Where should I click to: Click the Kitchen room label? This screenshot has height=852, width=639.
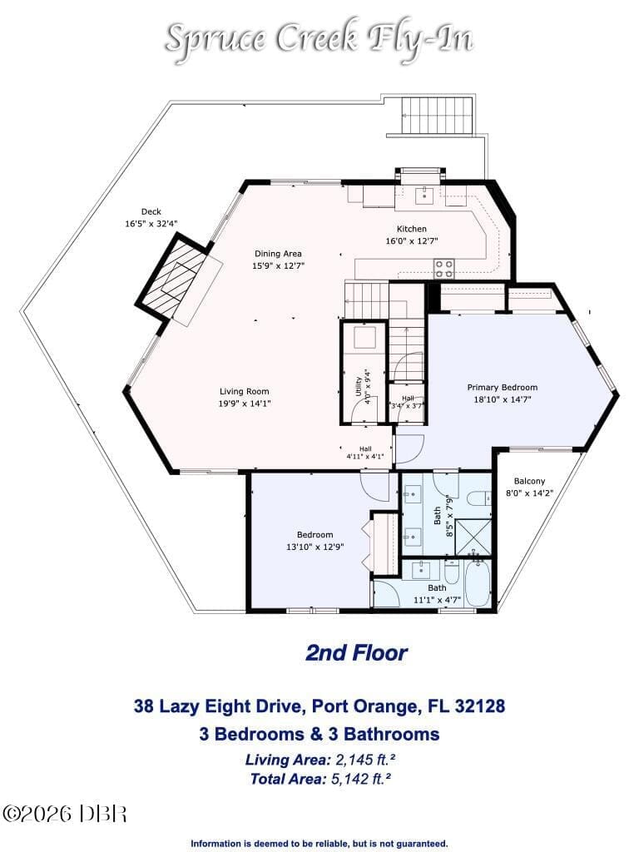[x=411, y=230]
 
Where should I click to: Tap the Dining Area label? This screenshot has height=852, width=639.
[x=278, y=254]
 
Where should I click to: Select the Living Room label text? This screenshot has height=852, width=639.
[x=245, y=391]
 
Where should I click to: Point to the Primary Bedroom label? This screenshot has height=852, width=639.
[x=503, y=388]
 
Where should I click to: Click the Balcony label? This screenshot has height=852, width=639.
[x=529, y=481]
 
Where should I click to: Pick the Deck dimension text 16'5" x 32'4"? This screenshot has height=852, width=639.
[x=151, y=223]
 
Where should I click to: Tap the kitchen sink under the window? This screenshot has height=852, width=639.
[x=424, y=195]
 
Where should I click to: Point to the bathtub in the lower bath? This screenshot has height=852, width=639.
[x=478, y=584]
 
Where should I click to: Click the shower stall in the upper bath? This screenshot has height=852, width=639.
[x=473, y=537]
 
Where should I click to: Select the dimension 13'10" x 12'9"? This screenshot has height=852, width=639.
[x=315, y=547]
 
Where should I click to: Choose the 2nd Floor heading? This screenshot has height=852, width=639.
[x=356, y=652]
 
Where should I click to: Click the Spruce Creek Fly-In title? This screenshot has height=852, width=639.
[x=319, y=38]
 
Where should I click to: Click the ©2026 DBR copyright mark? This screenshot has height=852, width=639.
[x=65, y=814]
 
